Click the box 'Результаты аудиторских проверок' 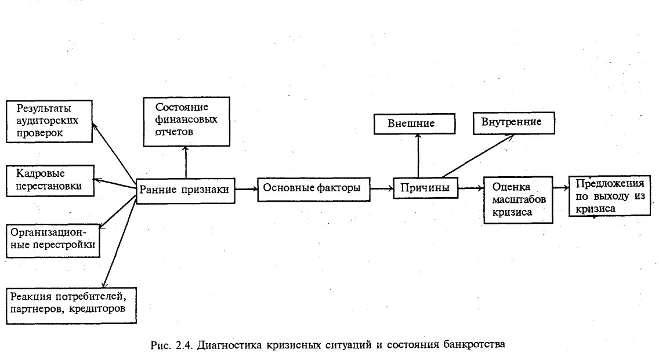49,121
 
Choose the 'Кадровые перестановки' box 49,180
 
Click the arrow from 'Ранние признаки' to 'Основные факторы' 247,189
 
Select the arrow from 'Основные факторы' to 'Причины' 382,188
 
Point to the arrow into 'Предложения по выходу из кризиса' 559,187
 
